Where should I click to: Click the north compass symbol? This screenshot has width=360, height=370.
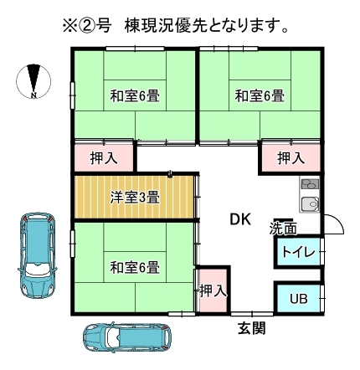(x=33, y=81)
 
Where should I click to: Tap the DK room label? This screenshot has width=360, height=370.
(x=240, y=219)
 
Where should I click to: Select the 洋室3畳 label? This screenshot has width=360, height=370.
(x=135, y=198)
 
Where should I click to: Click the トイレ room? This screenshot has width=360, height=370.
(x=298, y=252)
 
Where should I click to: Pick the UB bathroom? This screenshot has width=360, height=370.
(x=298, y=298)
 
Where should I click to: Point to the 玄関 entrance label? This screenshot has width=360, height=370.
(x=251, y=328)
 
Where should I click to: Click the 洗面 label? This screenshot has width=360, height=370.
(x=283, y=229)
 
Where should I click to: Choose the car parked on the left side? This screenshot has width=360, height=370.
(x=38, y=254)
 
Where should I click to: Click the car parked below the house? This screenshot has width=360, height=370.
(x=127, y=337)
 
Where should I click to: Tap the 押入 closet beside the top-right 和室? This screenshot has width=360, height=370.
(x=291, y=157)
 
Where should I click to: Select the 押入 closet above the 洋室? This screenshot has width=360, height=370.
(x=104, y=157)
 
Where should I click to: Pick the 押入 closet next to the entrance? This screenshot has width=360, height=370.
(x=213, y=290)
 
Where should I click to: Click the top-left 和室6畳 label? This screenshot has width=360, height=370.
(x=135, y=95)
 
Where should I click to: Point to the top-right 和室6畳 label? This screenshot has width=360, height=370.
(x=260, y=95)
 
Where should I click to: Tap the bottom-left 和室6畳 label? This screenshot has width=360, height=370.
(x=135, y=267)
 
